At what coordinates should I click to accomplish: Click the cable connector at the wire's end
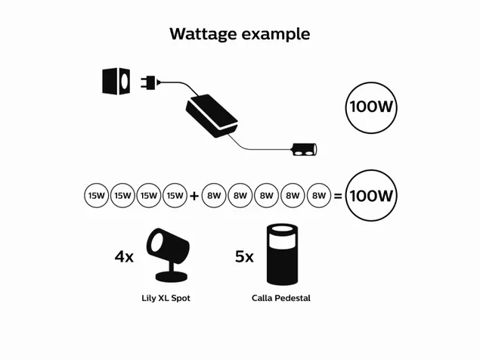click(305, 150)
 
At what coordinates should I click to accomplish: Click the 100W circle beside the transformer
click(371, 107)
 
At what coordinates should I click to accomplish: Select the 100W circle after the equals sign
click(371, 195)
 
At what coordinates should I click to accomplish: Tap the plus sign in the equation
click(194, 196)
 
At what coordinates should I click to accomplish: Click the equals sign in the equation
click(337, 196)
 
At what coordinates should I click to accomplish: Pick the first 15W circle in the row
click(96, 195)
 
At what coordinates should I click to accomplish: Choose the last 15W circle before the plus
click(175, 195)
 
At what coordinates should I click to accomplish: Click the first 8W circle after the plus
click(214, 195)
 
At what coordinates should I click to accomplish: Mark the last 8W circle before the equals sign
click(318, 195)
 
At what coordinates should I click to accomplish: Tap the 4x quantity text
click(124, 256)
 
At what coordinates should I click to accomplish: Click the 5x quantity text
click(244, 256)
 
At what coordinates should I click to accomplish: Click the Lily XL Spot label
click(166, 298)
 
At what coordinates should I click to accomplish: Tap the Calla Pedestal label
click(280, 298)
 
